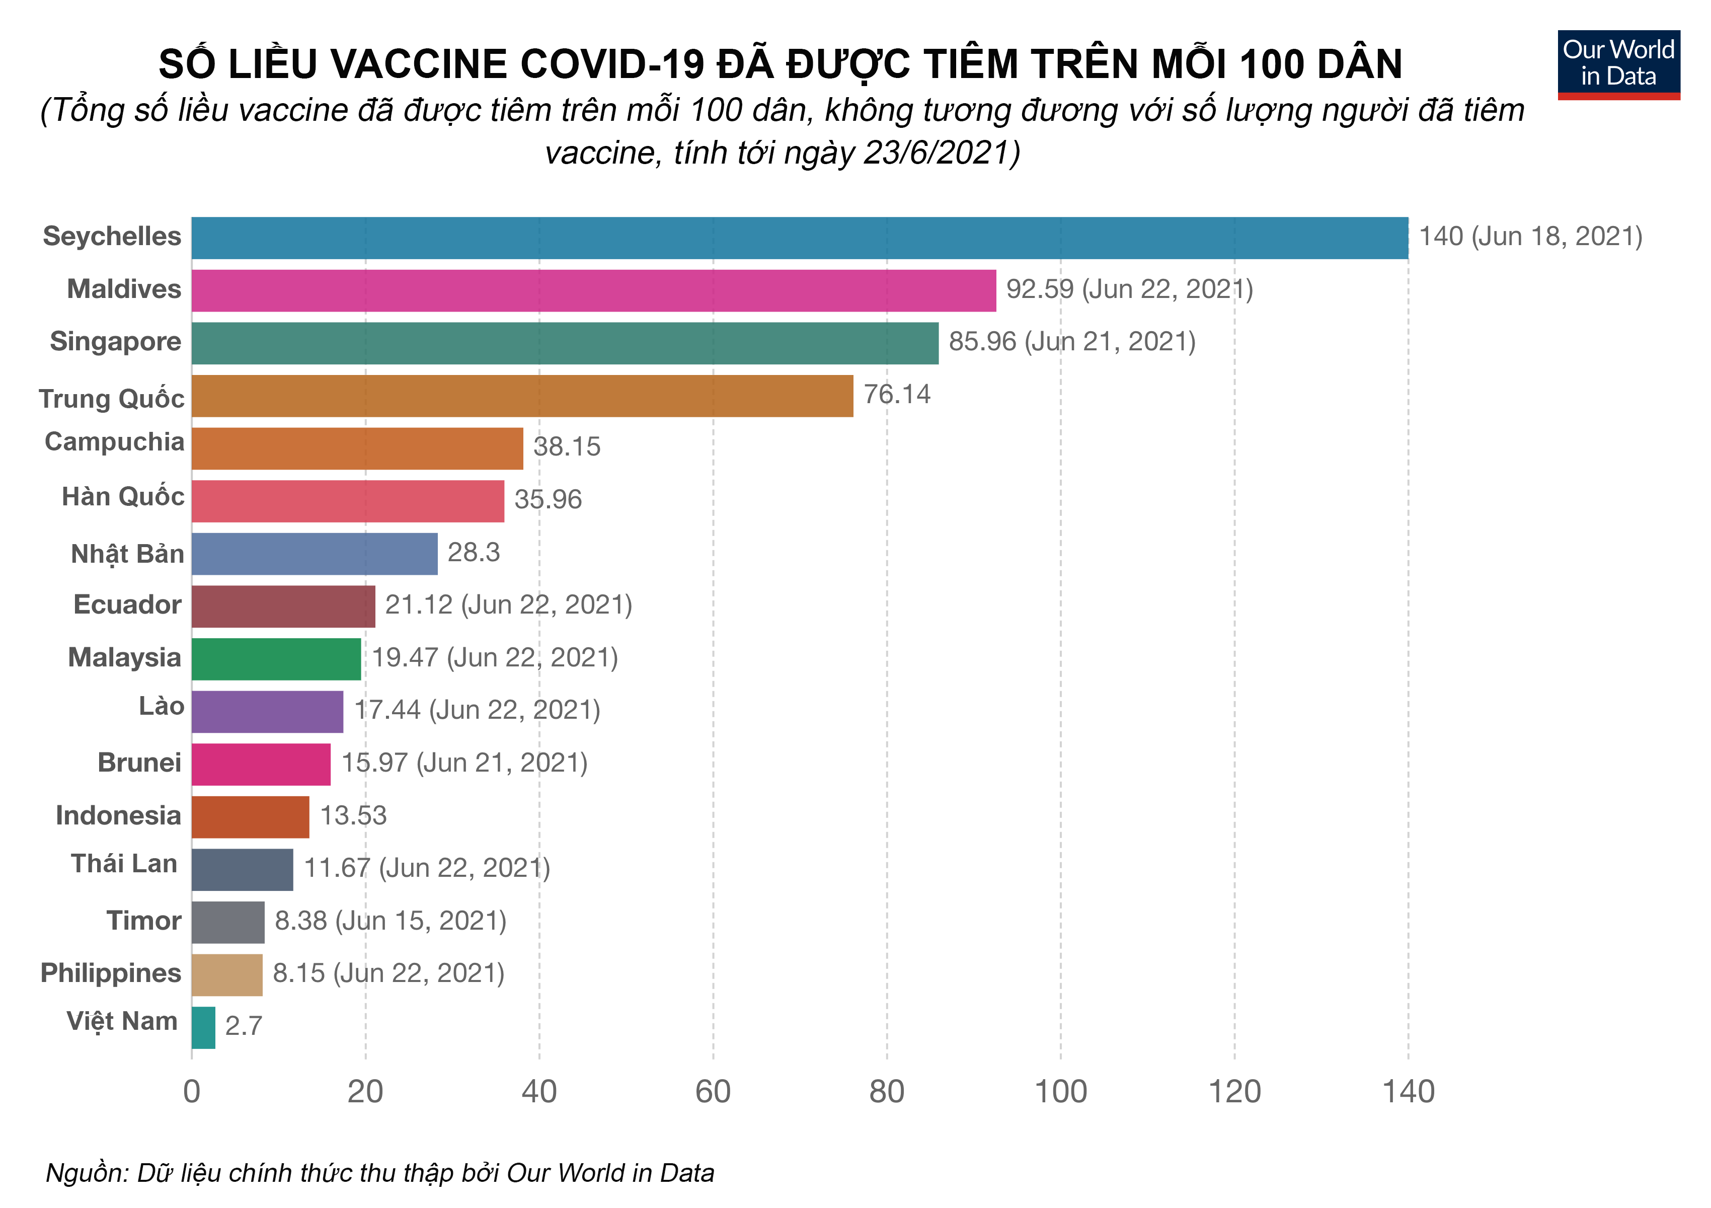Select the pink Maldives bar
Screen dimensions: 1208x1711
593,290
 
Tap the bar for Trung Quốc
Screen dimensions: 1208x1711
522,396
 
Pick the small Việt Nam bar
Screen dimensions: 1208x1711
203,1028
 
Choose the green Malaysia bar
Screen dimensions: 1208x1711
276,659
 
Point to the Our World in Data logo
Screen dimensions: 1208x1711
1618,64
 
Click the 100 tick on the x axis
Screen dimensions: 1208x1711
1060,1092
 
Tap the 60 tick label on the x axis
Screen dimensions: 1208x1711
713,1092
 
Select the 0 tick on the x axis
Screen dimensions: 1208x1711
192,1092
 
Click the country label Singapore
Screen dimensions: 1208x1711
116,341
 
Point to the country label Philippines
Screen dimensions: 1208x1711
110,973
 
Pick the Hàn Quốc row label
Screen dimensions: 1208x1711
123,496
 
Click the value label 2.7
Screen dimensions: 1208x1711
243,1026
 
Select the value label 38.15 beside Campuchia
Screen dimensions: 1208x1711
566,447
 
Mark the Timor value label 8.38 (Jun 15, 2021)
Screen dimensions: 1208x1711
391,921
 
